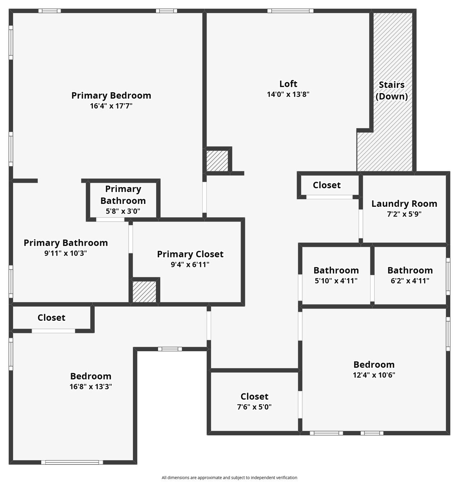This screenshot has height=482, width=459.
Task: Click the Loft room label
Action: pos(288,84)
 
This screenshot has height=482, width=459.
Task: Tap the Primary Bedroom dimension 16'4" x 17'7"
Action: pos(111,106)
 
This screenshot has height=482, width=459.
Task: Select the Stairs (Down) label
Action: pos(392,90)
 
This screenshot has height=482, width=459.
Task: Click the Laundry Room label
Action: pos(404,204)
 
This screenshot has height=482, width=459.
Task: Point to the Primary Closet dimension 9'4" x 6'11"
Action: pos(190,264)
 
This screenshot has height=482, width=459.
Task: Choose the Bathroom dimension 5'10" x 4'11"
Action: pos(336,281)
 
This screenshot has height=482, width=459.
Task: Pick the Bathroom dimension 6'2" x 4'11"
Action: pos(410,281)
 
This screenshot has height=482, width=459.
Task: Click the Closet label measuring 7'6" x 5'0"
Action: pos(254,396)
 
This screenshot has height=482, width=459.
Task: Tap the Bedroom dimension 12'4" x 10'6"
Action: pos(374,375)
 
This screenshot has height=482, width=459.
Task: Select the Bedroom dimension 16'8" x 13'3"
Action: pos(90,386)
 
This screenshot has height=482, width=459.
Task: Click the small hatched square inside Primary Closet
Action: pos(144,291)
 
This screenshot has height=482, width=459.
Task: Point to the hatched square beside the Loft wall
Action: pos(217,161)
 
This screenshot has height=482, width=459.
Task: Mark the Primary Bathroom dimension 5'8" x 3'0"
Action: pos(123,211)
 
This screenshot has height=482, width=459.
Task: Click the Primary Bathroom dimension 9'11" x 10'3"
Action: pos(66,253)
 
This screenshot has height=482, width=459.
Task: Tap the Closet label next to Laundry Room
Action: pos(327,185)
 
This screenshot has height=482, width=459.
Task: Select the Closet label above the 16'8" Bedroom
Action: pos(51,318)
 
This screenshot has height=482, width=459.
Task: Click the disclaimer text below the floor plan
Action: pos(229,477)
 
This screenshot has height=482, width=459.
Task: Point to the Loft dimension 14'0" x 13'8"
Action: pos(288,94)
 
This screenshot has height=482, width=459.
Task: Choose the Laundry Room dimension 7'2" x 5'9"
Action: pos(404,214)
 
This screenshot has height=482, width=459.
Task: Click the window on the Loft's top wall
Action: pos(290,11)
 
